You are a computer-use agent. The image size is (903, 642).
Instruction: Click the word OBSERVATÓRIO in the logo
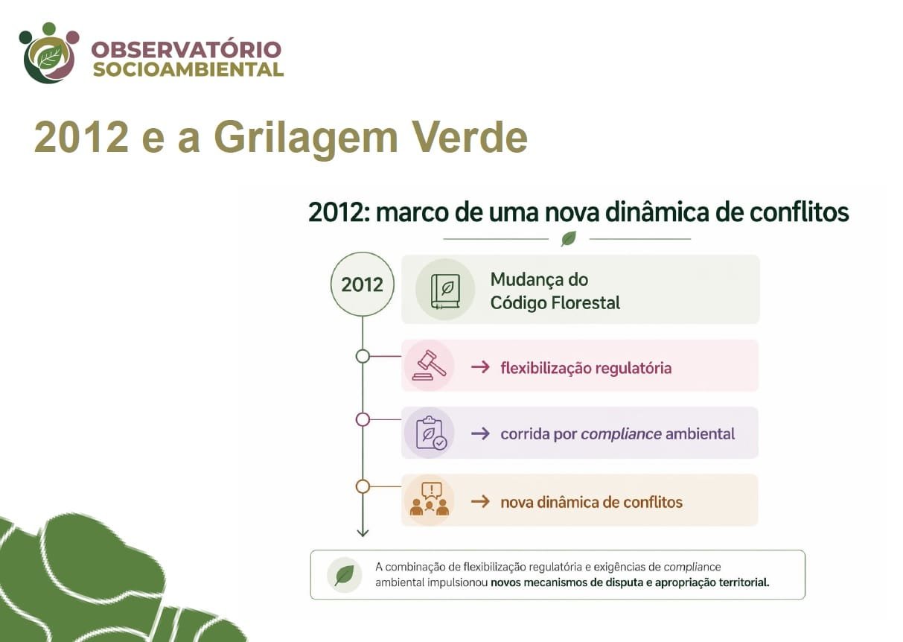click(186, 50)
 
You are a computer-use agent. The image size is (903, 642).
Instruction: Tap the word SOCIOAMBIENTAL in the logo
click(188, 69)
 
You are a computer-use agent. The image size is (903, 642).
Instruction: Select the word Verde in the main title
click(470, 137)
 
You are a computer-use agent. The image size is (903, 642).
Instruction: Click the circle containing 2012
click(363, 285)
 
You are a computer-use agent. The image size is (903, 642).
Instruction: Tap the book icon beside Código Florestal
click(445, 291)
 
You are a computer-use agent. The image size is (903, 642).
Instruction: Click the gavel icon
click(430, 365)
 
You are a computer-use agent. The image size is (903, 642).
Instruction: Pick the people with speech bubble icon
click(430, 499)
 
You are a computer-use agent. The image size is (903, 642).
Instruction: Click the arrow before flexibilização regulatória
click(480, 367)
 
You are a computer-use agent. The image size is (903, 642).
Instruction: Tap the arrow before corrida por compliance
click(480, 434)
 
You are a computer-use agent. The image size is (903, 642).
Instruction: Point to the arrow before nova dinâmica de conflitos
click(480, 502)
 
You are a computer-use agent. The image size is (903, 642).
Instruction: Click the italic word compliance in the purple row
click(621, 434)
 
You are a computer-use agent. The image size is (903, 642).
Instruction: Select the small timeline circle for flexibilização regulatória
click(363, 357)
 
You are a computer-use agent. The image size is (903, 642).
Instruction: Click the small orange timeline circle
click(363, 487)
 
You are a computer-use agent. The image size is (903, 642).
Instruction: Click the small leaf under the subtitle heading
click(569, 239)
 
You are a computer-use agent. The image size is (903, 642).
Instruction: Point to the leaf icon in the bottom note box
click(344, 575)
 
